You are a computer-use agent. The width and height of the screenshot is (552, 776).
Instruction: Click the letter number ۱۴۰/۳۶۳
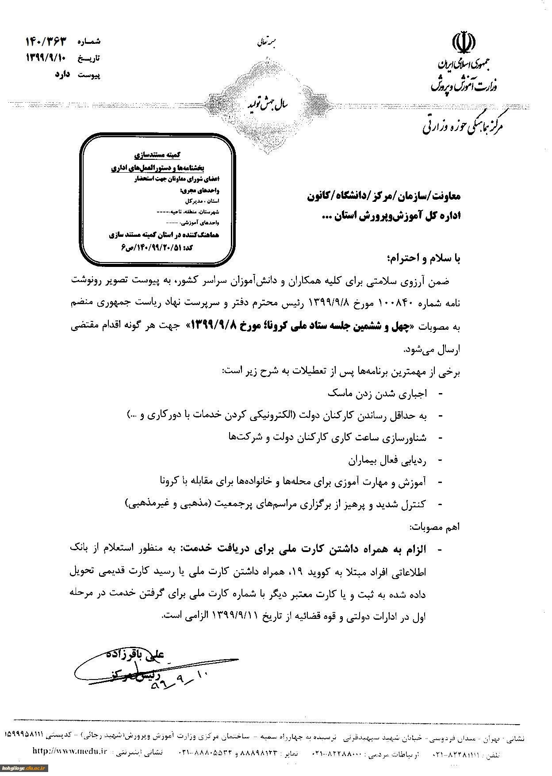tap(46, 42)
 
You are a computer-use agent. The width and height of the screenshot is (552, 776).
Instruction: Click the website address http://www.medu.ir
tap(64, 750)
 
